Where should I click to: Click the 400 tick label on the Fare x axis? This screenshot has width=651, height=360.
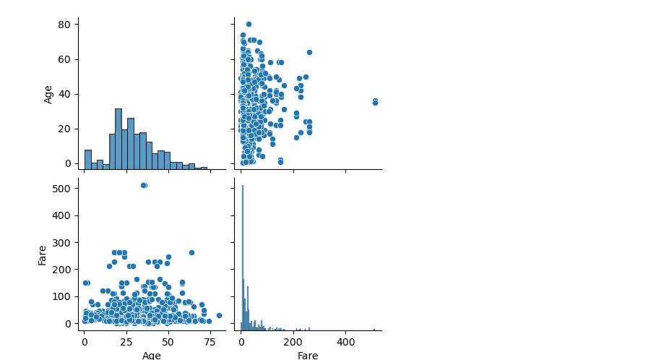345,341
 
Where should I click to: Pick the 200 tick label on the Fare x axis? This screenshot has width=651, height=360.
293,341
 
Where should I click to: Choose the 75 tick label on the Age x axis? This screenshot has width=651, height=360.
210,341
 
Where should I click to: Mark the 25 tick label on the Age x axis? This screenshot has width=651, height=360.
126,341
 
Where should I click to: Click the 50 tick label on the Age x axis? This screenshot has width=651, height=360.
168,341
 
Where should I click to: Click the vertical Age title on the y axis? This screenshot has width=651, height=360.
48,94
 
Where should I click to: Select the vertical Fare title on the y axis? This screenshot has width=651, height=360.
43,255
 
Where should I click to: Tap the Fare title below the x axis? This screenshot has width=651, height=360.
308,355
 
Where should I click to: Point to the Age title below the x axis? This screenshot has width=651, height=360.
152,355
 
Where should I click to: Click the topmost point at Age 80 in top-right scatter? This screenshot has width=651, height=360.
249,24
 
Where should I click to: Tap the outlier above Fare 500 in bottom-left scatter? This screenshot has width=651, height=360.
144,185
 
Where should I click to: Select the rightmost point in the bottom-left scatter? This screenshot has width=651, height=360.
219,315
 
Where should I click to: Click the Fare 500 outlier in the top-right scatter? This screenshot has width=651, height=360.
375,102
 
